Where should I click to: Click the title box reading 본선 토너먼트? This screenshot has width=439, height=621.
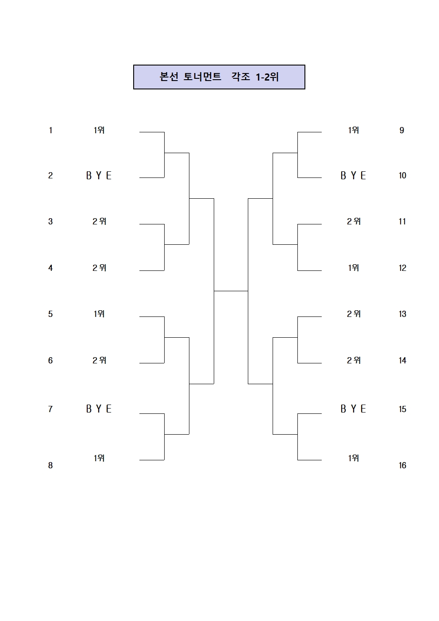pos(219,77)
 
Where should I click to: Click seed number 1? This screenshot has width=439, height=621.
pos(50,130)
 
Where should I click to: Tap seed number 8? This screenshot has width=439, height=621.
pos(50,465)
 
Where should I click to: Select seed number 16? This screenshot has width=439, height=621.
pos(402,465)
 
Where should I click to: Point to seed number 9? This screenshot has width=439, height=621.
pos(402,130)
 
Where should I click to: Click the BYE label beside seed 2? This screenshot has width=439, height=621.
pos(99,176)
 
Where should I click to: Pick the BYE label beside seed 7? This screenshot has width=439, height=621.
pos(99,409)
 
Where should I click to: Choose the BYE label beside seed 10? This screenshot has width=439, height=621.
pos(353,176)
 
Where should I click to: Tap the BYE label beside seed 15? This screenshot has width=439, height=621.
pos(353,409)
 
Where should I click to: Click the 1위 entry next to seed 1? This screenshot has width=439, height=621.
pos(99,130)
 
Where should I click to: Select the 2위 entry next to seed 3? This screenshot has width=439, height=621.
pos(100,221)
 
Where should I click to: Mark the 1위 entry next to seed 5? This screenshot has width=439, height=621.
pos(99,314)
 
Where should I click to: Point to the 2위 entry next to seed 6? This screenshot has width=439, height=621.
pos(100,360)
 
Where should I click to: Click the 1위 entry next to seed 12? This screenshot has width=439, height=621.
pos(354,268)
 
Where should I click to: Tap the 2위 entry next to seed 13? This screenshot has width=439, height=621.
pos(354,314)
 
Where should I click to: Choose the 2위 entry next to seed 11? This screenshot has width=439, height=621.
pos(354,221)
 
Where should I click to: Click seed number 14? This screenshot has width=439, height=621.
pos(402,360)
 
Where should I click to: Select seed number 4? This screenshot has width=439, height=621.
pos(50,268)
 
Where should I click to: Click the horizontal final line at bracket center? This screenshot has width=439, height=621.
pos(231,291)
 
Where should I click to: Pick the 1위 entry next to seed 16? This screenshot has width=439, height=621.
pos(354,458)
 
